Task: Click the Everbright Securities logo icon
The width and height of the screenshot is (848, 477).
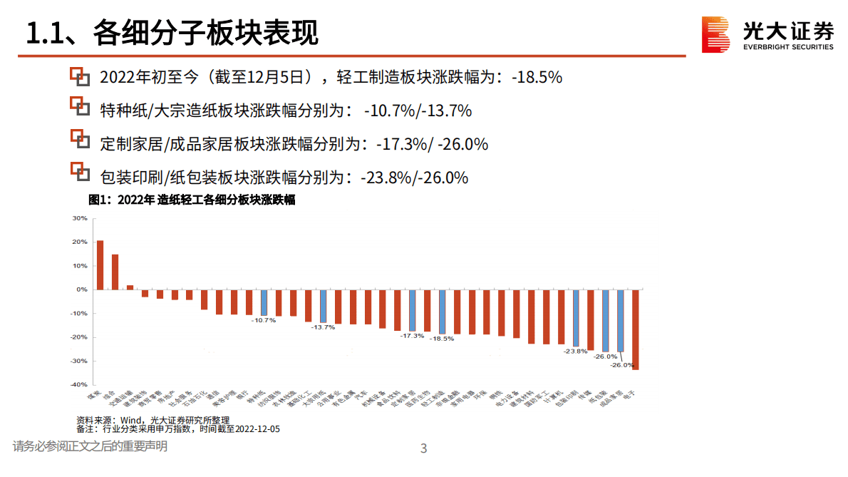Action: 716,34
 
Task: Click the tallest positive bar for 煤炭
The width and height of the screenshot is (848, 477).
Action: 100,265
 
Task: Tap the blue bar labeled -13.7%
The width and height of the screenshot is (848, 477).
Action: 323,306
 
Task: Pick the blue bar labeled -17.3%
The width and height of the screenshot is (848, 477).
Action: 412,310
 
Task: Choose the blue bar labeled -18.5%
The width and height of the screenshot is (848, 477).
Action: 442,312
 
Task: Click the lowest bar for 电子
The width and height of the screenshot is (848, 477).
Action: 635,329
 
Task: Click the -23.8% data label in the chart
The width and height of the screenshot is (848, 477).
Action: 575,351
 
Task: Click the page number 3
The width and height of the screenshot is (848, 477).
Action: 424,448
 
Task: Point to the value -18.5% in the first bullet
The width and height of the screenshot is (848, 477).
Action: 537,77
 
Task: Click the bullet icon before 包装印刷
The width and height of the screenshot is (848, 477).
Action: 80,173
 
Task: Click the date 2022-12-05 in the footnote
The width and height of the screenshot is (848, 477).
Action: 257,429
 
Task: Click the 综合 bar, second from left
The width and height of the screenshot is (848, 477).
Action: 115,272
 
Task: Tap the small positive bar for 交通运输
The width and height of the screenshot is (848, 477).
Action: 130,287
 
